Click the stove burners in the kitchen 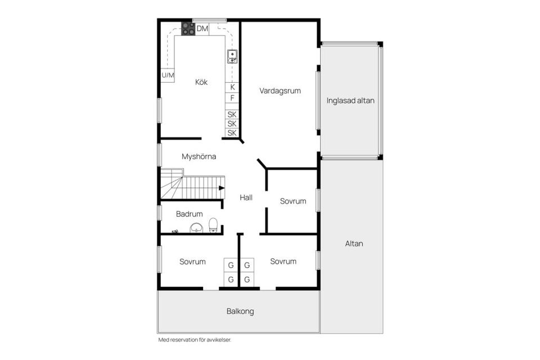pyautogui.click(x=188, y=29)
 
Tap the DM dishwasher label pyautogui.click(x=202, y=29)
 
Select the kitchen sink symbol pyautogui.click(x=232, y=56)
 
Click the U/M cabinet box pyautogui.click(x=168, y=75)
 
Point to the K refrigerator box pyautogui.click(x=232, y=87)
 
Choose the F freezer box pyautogui.click(x=232, y=98)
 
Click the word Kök pyautogui.click(x=201, y=82)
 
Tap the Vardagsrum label pyautogui.click(x=280, y=91)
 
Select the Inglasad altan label pyautogui.click(x=350, y=101)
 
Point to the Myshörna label pyautogui.click(x=199, y=157)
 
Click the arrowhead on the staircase pyautogui.click(x=222, y=188)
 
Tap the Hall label pyautogui.click(x=246, y=197)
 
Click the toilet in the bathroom pyautogui.click(x=213, y=226)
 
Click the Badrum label pyautogui.click(x=189, y=214)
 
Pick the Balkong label pyautogui.click(x=240, y=310)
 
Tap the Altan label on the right pyautogui.click(x=354, y=244)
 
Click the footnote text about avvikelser pyautogui.click(x=195, y=340)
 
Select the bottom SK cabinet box pyautogui.click(x=232, y=133)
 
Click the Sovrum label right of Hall pyautogui.click(x=293, y=201)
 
